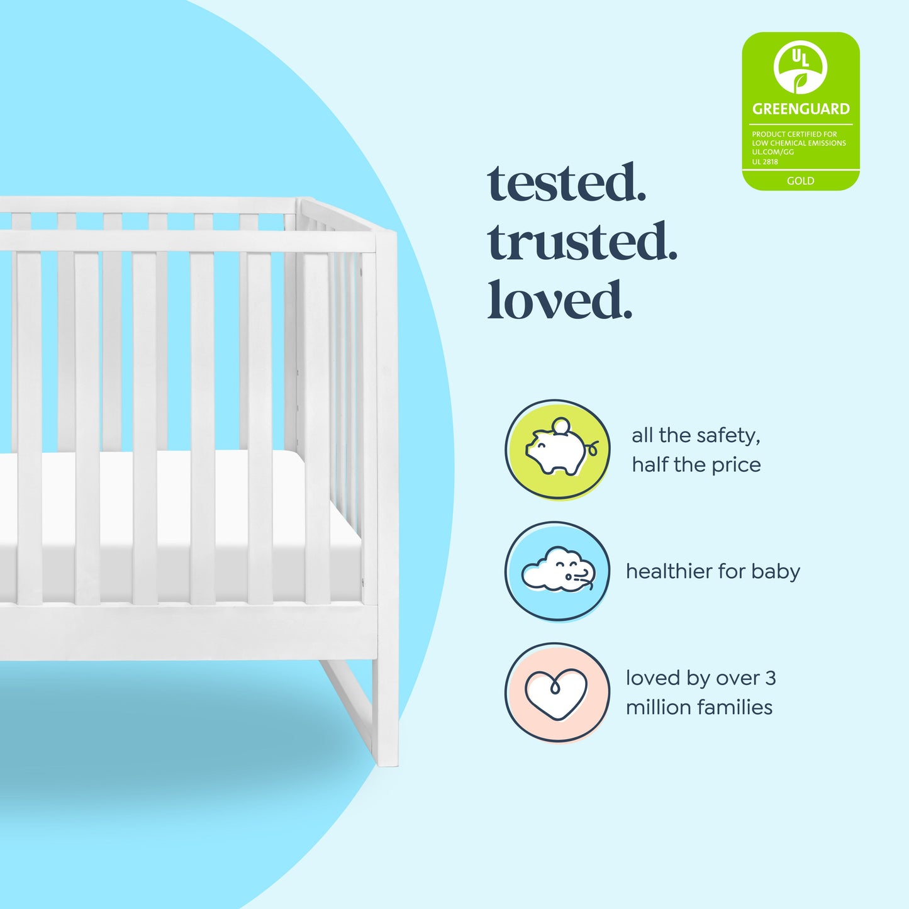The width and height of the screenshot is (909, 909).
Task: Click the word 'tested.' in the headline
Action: pyautogui.click(x=567, y=183)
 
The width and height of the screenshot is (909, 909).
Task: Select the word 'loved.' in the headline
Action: pyautogui.click(x=559, y=300)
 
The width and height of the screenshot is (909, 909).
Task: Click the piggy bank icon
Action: pyautogui.click(x=557, y=450)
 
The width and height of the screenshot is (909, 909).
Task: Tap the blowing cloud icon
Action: pyautogui.click(x=557, y=571)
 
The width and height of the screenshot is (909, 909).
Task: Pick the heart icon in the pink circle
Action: pyautogui.click(x=556, y=693)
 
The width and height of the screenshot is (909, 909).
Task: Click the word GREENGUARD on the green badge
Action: pyautogui.click(x=801, y=109)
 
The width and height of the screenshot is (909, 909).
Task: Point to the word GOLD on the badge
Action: pyautogui.click(x=800, y=181)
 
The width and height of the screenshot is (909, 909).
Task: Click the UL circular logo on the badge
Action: pyautogui.click(x=800, y=67)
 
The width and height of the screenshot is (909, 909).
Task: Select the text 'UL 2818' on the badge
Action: pyautogui.click(x=765, y=162)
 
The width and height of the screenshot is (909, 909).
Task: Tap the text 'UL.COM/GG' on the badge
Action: pyautogui.click(x=772, y=152)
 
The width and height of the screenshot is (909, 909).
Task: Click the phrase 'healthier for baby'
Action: pyautogui.click(x=713, y=571)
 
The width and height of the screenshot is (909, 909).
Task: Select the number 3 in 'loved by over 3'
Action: pyautogui.click(x=770, y=678)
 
